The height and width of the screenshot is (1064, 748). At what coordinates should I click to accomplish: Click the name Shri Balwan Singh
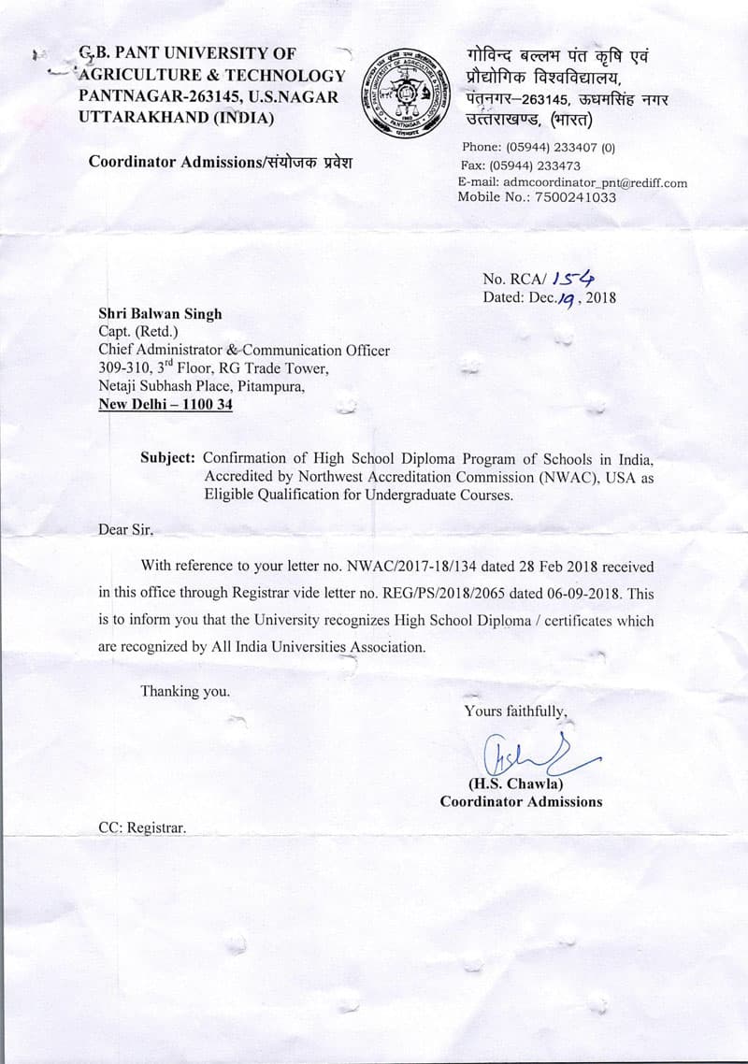pos(161,315)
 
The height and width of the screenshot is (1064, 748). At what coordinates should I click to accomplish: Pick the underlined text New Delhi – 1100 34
pos(165,405)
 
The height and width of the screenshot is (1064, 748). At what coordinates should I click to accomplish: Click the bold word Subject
pos(168,459)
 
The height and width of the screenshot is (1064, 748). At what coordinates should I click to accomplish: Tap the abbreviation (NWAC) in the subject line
pos(569,477)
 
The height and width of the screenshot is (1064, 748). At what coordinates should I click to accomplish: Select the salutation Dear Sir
pos(125,530)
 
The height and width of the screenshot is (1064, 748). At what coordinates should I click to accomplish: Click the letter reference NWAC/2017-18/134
pos(398,567)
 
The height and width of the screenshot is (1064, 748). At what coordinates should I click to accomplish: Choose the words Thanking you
pos(184,691)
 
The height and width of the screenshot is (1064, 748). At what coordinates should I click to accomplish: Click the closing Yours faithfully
pos(515,712)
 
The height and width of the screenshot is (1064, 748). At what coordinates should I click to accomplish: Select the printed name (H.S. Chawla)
pos(515,784)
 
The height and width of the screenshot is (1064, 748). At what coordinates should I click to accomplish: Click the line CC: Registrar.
pos(142,827)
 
